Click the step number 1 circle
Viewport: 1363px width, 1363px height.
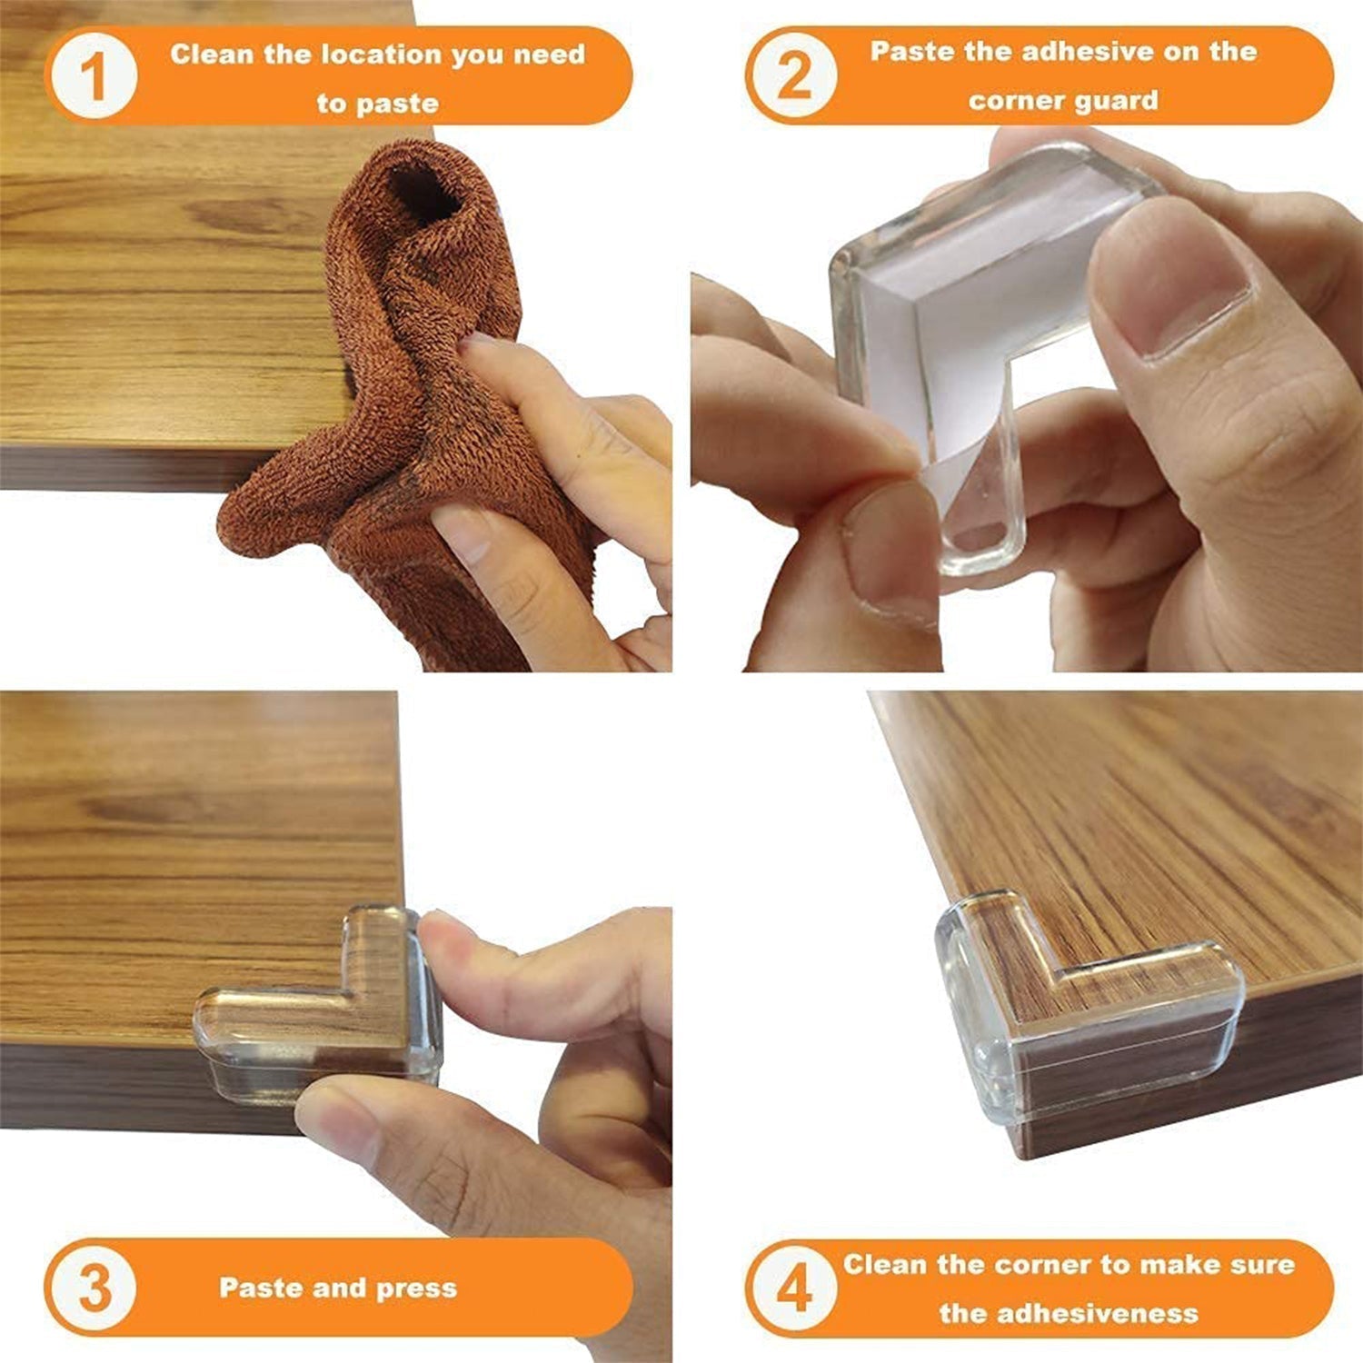[x=94, y=76]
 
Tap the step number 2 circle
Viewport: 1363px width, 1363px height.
[x=793, y=76]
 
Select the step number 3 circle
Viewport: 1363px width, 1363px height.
[x=94, y=1288]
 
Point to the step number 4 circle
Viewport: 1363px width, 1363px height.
[x=793, y=1288]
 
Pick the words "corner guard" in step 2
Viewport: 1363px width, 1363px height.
[x=1063, y=100]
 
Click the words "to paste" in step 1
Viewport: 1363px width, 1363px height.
[x=377, y=104]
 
